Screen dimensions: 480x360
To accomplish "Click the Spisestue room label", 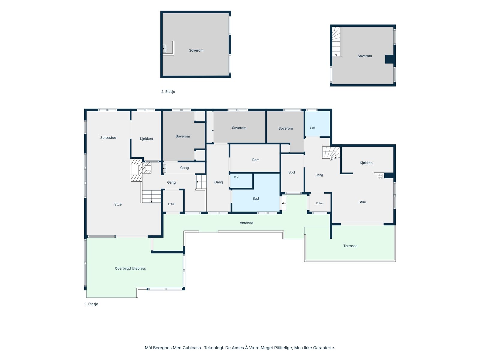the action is pyautogui.click(x=108, y=138).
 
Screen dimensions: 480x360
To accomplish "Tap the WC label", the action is pyautogui.click(x=236, y=177).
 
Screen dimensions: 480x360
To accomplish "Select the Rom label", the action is pyautogui.click(x=256, y=160).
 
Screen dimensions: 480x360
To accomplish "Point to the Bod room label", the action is pyautogui.click(x=292, y=172).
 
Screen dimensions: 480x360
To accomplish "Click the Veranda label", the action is pyautogui.click(x=246, y=223).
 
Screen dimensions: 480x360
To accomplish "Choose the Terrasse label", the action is pyautogui.click(x=350, y=246).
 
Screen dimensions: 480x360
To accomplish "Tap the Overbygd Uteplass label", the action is pyautogui.click(x=130, y=268).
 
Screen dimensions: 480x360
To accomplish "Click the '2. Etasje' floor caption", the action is pyautogui.click(x=168, y=91).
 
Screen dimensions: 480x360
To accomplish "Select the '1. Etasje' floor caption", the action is pyautogui.click(x=91, y=304).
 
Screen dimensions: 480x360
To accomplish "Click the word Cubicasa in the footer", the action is pyautogui.click(x=192, y=348).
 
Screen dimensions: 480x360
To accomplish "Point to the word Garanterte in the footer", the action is pyautogui.click(x=324, y=348).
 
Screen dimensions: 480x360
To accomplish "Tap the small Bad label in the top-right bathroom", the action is pyautogui.click(x=312, y=128).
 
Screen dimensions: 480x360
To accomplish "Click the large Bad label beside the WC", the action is pyautogui.click(x=256, y=199).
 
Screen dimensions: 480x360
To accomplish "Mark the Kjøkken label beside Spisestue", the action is pyautogui.click(x=146, y=139).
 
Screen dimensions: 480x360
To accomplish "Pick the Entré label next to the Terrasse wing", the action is pyautogui.click(x=319, y=203).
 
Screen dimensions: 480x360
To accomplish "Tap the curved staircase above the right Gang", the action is pyautogui.click(x=331, y=153).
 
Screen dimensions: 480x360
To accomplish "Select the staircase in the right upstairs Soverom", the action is pyautogui.click(x=337, y=41).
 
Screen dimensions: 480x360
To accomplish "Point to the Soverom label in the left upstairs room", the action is pyautogui.click(x=196, y=50).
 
